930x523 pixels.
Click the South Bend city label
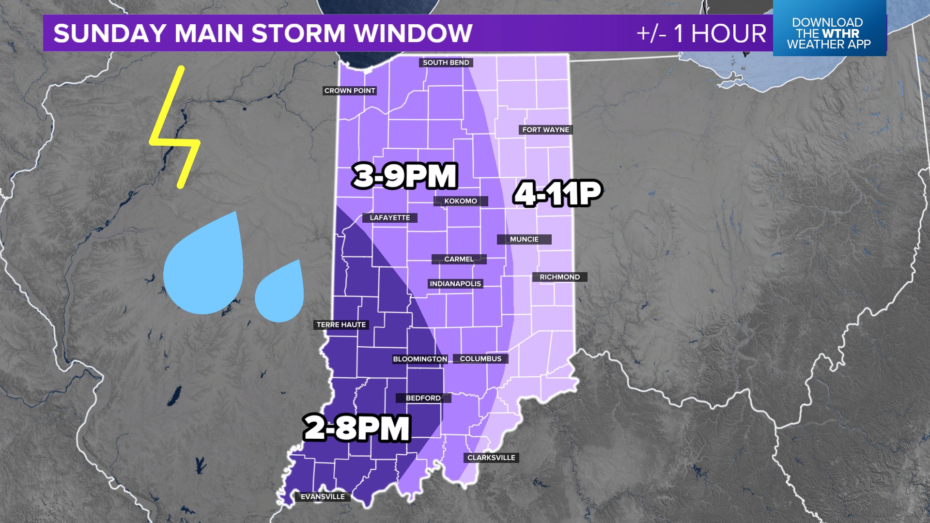point(446,62)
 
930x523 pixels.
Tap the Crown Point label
point(350,91)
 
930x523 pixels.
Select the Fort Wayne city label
point(545,130)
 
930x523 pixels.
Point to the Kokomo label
point(461,201)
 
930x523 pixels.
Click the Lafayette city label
point(390,218)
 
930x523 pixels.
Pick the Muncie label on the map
point(524,239)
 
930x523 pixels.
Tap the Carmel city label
point(459,259)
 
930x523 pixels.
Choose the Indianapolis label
point(455,284)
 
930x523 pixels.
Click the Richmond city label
point(559,277)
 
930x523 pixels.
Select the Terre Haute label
point(341,325)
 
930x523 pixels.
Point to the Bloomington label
point(420,359)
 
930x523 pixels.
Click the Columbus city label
point(480,359)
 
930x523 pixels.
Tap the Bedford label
point(423,398)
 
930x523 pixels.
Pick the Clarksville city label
point(491,458)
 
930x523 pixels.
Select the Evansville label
point(323,497)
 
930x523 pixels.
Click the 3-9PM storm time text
point(405,176)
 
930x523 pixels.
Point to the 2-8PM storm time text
point(357,429)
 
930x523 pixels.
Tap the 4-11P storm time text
point(558,193)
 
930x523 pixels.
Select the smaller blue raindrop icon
point(280,293)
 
